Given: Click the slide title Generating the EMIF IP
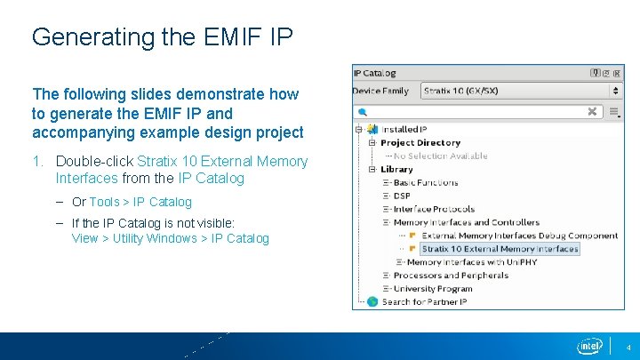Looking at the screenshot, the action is [x=162, y=37].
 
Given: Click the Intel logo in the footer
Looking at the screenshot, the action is [x=590, y=346].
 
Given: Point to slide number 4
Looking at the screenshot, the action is [x=628, y=348].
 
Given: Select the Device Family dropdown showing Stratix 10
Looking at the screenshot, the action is [x=520, y=91].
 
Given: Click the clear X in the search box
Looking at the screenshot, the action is [x=592, y=111].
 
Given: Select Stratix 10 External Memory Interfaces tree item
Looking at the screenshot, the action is [x=500, y=249].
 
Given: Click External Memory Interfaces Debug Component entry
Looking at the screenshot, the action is [x=519, y=236].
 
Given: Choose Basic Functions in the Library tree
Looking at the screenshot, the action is [x=426, y=182].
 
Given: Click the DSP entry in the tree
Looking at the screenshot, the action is [x=402, y=196].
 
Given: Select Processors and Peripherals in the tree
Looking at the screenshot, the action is [x=451, y=276].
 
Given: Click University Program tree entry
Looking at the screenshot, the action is [x=433, y=289].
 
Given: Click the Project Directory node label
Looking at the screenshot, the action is [x=420, y=142].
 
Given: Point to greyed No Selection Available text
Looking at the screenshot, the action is [x=440, y=156].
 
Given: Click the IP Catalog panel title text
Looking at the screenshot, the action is [x=374, y=73].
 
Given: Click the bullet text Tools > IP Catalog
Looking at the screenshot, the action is [x=140, y=202].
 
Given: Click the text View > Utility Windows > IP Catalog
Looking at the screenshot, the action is [x=170, y=238].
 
